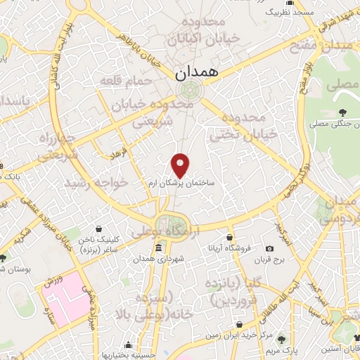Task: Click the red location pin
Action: (x=181, y=165)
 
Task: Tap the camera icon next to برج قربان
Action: (x=270, y=248)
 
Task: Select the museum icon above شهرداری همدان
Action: (x=157, y=248)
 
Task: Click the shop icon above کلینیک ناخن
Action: (x=99, y=229)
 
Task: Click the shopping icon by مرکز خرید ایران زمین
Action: (x=240, y=326)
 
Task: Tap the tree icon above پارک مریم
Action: (x=283, y=337)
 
